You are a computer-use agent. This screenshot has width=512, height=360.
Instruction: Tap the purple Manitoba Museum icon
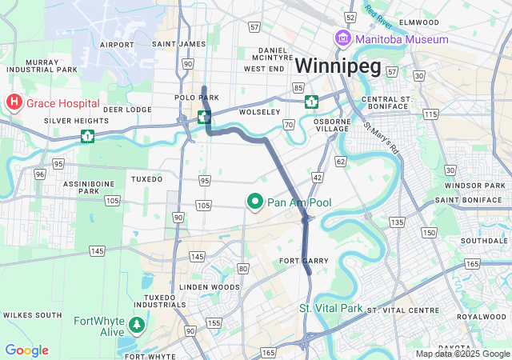coord(342,39)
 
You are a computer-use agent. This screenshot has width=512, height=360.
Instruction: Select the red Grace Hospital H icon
coord(14,103)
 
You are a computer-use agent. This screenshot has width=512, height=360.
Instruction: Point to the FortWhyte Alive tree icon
coord(138,324)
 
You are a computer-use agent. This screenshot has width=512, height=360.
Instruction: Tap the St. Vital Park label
coord(330,308)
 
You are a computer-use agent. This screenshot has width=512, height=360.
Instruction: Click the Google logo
coord(26,350)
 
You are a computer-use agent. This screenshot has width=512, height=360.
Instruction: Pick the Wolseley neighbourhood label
coord(260,112)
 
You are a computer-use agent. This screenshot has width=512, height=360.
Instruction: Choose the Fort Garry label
coord(299,262)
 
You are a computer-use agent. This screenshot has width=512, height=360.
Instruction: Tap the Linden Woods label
coord(210,286)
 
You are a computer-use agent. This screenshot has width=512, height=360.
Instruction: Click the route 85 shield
coord(298,87)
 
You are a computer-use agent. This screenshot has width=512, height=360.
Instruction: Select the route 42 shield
coord(318,177)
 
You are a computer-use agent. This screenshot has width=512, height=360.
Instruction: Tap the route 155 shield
coord(214,323)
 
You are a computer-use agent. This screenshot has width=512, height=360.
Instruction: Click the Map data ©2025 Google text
coord(462,354)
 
